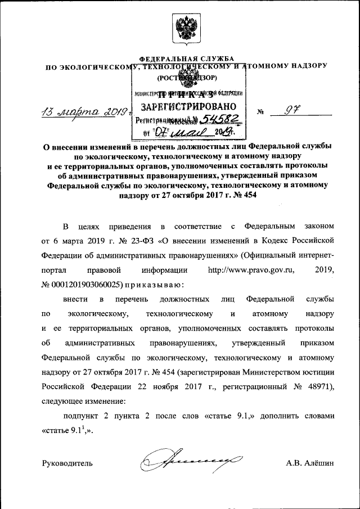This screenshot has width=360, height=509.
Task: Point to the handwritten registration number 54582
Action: [222, 119]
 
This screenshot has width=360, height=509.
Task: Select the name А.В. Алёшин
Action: [310, 463]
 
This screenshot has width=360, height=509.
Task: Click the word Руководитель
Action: [67, 463]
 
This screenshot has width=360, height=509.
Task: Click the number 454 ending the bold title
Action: [250, 196]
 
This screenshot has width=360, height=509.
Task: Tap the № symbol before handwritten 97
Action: [260, 111]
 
